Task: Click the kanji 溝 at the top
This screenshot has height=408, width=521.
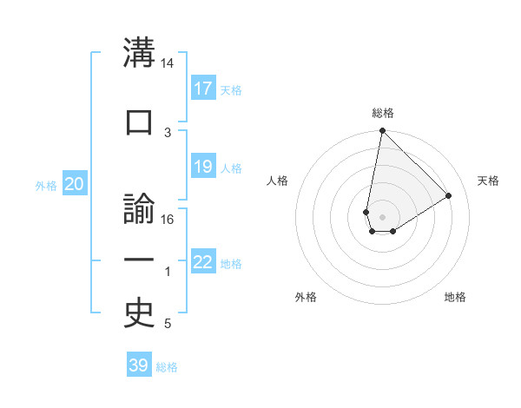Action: pyautogui.click(x=139, y=54)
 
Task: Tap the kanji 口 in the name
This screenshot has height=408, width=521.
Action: pyautogui.click(x=139, y=122)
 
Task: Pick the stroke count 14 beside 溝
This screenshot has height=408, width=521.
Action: pyautogui.click(x=168, y=64)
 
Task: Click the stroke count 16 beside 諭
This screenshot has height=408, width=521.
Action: pyautogui.click(x=168, y=219)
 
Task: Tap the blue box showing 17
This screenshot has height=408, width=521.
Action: pyautogui.click(x=203, y=89)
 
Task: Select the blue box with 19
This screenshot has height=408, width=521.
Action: pyautogui.click(x=203, y=167)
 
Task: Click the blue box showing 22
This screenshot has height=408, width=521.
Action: pyautogui.click(x=203, y=262)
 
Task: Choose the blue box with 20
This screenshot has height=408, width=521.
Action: pyautogui.click(x=75, y=184)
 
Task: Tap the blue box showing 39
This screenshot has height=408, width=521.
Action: pyautogui.click(x=139, y=365)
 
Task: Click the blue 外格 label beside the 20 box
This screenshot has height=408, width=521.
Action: pyautogui.click(x=46, y=186)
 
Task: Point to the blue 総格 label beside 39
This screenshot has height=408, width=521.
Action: pyautogui.click(x=167, y=367)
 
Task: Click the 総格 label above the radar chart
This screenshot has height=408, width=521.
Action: pyautogui.click(x=383, y=113)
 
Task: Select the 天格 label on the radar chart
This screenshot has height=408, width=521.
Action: pyautogui.click(x=489, y=181)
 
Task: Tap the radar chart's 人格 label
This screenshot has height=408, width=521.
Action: pyautogui.click(x=278, y=181)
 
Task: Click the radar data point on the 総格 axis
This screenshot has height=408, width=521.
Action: pyautogui.click(x=382, y=131)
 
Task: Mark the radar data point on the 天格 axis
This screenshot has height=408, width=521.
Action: pyautogui.click(x=449, y=195)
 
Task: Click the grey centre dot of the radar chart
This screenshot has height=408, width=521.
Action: pyautogui.click(x=382, y=215)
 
